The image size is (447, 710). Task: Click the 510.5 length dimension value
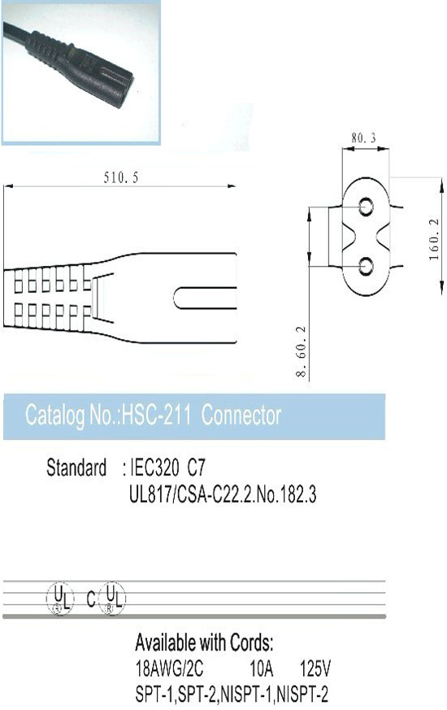click(x=121, y=177)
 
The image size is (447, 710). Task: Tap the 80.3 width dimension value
click(x=364, y=138)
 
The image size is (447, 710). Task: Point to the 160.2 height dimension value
click(x=434, y=239)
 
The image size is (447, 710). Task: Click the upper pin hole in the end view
click(x=366, y=207)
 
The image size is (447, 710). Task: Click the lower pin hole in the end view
click(x=366, y=266)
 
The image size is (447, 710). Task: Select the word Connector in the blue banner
click(x=241, y=416)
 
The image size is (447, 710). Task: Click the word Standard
click(x=76, y=468)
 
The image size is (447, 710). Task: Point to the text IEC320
click(x=154, y=468)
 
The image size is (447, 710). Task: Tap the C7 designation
click(x=196, y=468)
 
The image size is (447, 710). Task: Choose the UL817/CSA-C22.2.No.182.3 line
click(x=223, y=494)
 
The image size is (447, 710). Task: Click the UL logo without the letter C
click(x=59, y=598)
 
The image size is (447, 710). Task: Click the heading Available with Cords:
click(x=204, y=642)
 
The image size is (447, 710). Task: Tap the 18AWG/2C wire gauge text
click(x=169, y=668)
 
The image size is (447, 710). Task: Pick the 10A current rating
click(x=262, y=668)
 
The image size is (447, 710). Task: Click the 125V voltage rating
click(x=315, y=668)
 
